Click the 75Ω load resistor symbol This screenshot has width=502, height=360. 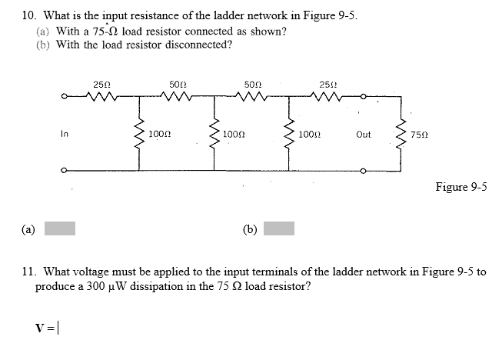coord(398,133)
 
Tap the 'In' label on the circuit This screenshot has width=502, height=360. coord(65,134)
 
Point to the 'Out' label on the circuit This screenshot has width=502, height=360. coord(364,134)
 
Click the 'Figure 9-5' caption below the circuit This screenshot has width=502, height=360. coord(461,187)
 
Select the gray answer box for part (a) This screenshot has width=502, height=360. coord(59,228)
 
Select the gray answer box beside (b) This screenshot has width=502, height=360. coord(279,228)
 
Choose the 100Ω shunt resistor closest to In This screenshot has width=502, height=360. coord(138,133)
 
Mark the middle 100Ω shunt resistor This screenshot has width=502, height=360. coord(213,133)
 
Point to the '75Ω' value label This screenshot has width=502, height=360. coord(421,134)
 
